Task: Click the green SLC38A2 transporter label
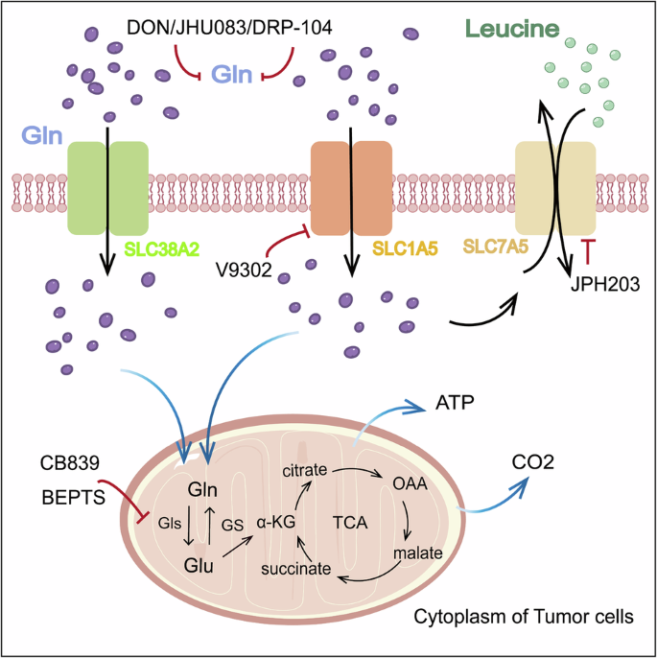tap(160, 247)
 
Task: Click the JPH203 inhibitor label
tap(594, 286)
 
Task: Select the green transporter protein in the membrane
tap(107, 187)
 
